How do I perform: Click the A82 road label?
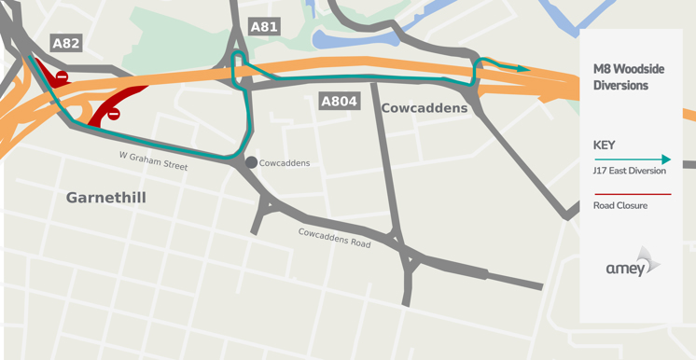pos(65,43)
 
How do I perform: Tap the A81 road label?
pos(264,27)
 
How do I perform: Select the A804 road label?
pos(339,101)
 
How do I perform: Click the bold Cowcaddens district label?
pos(425,108)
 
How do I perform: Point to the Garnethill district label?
pos(105,198)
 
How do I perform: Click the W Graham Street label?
pos(153,160)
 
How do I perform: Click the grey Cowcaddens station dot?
pos(251,162)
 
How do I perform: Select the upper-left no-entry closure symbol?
pos(62,76)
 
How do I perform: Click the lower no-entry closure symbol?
pos(114,114)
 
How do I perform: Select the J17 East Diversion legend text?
pos(630,171)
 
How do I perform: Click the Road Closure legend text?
pos(620,205)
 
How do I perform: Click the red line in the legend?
pos(632,194)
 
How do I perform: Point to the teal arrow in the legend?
pos(632,159)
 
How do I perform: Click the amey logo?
pos(633,265)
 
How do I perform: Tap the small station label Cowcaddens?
pos(285,163)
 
